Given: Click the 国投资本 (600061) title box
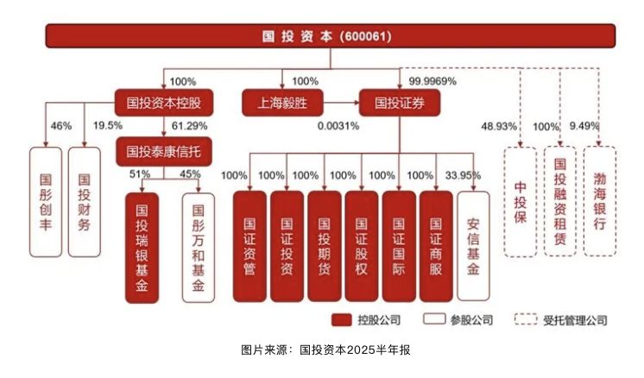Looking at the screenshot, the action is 331,36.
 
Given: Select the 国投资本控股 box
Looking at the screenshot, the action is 163,103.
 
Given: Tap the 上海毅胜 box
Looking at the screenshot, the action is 282,103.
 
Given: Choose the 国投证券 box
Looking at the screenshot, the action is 400,103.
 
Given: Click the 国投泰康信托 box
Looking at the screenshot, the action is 163,151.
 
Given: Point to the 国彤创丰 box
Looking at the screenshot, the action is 46,202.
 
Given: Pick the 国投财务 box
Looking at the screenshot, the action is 85,202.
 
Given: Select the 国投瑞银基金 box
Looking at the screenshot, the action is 142,248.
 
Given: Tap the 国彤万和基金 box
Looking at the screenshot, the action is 199,248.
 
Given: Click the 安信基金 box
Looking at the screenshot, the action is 473,246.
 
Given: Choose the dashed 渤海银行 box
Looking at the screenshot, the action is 600,202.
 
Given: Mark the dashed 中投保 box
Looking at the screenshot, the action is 521,202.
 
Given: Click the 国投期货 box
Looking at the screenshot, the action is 324,246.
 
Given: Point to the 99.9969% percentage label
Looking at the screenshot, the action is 432,81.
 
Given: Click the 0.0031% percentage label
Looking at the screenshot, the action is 338,126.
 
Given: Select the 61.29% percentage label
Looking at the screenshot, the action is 189,126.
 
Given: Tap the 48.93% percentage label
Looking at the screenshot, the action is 499,126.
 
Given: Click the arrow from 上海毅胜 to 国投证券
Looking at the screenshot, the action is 341,103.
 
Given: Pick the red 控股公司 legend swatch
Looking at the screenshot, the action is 342,319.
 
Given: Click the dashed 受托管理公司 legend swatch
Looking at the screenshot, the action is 526,319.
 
